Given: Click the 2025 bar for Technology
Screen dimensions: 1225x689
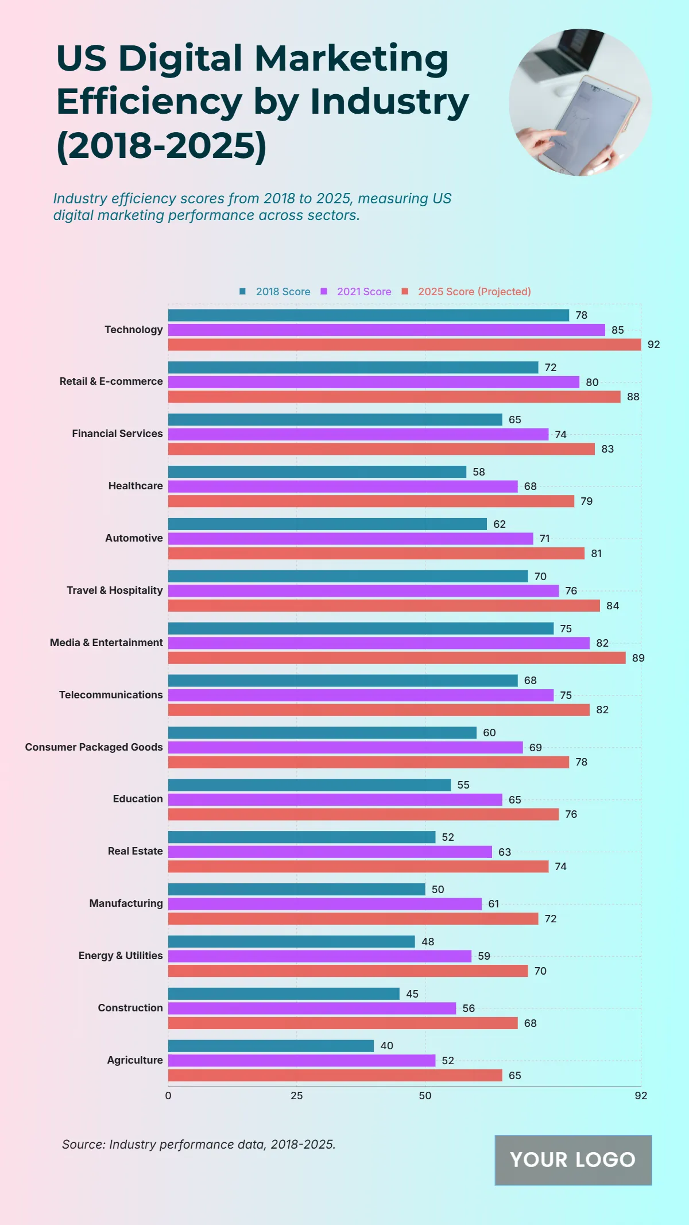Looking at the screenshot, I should (x=404, y=345).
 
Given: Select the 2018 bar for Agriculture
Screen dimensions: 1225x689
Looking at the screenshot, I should (x=270, y=1046).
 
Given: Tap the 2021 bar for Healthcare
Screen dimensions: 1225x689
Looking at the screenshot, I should (x=343, y=486).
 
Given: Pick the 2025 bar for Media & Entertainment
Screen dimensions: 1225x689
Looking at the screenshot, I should (x=397, y=658).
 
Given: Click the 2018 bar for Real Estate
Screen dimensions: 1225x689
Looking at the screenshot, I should (x=301, y=837).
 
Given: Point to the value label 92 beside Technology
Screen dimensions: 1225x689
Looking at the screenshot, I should (x=653, y=345).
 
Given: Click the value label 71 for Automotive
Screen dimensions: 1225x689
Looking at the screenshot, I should (x=544, y=539).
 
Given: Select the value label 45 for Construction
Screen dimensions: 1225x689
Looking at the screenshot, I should (x=412, y=994).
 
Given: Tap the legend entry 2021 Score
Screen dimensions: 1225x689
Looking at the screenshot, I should (x=363, y=292).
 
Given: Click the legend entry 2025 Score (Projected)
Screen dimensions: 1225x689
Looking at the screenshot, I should (x=474, y=292).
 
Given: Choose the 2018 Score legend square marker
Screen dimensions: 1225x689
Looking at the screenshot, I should (x=242, y=291).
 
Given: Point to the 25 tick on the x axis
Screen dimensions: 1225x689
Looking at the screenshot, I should (x=296, y=1096).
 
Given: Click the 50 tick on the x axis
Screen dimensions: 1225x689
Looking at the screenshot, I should (x=425, y=1096).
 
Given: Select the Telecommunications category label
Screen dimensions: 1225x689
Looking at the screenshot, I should (x=111, y=695).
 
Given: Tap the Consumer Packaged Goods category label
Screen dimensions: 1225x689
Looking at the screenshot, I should (x=94, y=747).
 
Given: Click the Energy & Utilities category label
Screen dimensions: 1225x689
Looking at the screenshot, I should (x=121, y=956).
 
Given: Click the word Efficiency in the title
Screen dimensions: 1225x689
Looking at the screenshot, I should (x=149, y=102).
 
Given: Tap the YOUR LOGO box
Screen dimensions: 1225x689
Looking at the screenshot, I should (x=573, y=1160).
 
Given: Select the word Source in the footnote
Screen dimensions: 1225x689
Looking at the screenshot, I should (x=83, y=1145).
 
